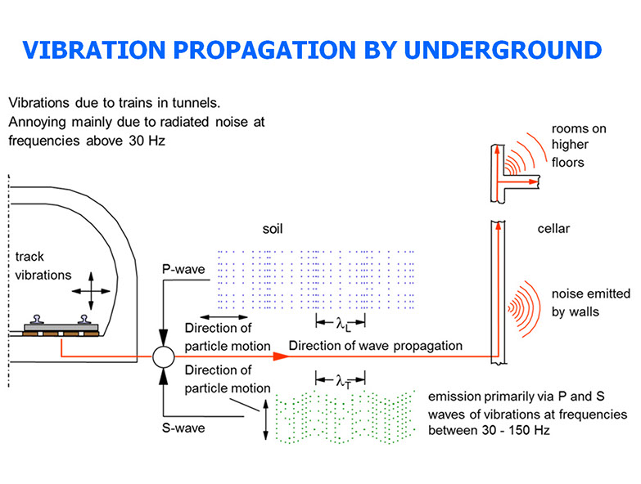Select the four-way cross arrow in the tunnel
tap(89, 292)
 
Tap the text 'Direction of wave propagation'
tap(375, 346)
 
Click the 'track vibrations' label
tap(43, 266)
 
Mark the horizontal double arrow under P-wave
tap(223, 316)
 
